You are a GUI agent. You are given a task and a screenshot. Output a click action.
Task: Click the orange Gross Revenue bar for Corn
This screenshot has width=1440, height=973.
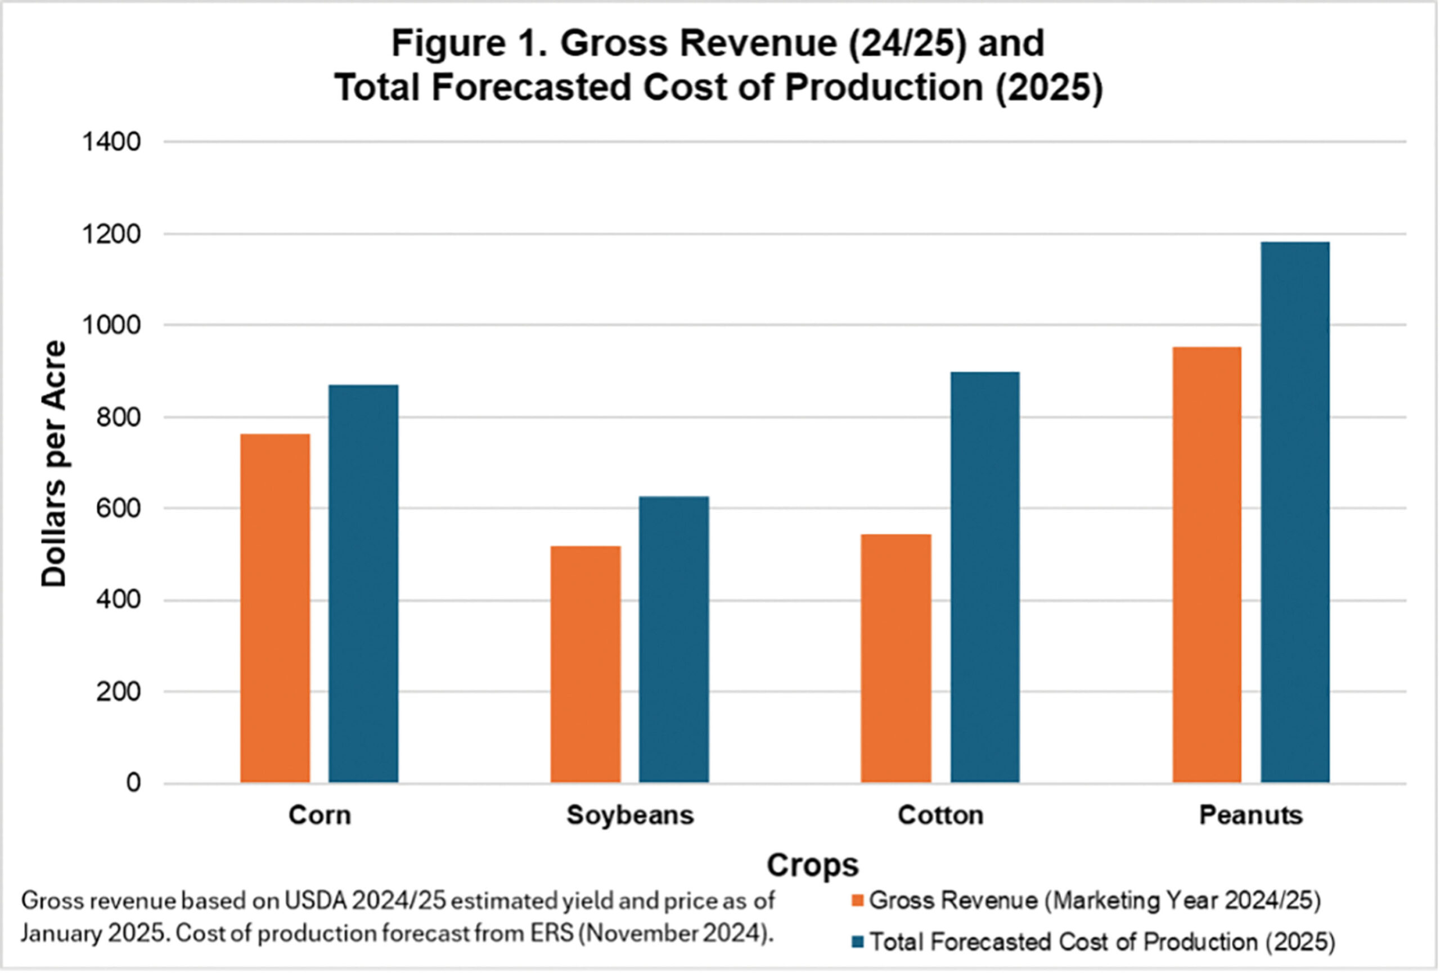(275, 607)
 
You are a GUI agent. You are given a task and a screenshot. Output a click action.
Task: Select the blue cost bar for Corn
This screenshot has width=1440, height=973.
(363, 582)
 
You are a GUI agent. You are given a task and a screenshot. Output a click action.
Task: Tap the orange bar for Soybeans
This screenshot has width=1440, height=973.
(586, 663)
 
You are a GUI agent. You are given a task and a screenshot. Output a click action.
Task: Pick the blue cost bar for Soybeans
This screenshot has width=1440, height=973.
(674, 638)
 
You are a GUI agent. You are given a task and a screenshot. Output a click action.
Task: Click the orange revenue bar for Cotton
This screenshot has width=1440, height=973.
(896, 657)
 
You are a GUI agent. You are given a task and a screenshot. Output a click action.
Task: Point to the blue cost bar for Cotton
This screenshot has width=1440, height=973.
(985, 576)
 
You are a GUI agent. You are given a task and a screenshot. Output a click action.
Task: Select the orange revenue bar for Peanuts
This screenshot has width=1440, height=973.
(1207, 564)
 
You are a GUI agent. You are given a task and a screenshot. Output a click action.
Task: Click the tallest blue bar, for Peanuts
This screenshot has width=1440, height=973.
(1295, 512)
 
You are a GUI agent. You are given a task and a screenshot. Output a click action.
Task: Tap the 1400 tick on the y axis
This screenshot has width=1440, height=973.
(111, 142)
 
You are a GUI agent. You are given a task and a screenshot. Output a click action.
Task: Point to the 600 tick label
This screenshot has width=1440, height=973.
(118, 509)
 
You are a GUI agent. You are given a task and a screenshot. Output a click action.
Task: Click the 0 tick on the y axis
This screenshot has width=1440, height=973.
(133, 783)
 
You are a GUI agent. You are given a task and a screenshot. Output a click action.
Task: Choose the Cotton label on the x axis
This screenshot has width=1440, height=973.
(940, 815)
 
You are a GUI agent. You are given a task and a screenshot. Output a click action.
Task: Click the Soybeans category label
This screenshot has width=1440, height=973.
(630, 815)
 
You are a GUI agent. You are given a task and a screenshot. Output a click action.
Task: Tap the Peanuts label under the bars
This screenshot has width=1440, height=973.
(1251, 815)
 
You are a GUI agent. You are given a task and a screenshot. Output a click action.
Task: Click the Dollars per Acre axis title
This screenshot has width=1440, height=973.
(54, 463)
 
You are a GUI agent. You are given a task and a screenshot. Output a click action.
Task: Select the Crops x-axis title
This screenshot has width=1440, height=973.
(812, 865)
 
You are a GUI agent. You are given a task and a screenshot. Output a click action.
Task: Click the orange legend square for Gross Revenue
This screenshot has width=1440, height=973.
(858, 901)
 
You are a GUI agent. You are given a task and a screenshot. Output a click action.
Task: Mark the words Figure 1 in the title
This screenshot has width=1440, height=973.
(469, 44)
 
